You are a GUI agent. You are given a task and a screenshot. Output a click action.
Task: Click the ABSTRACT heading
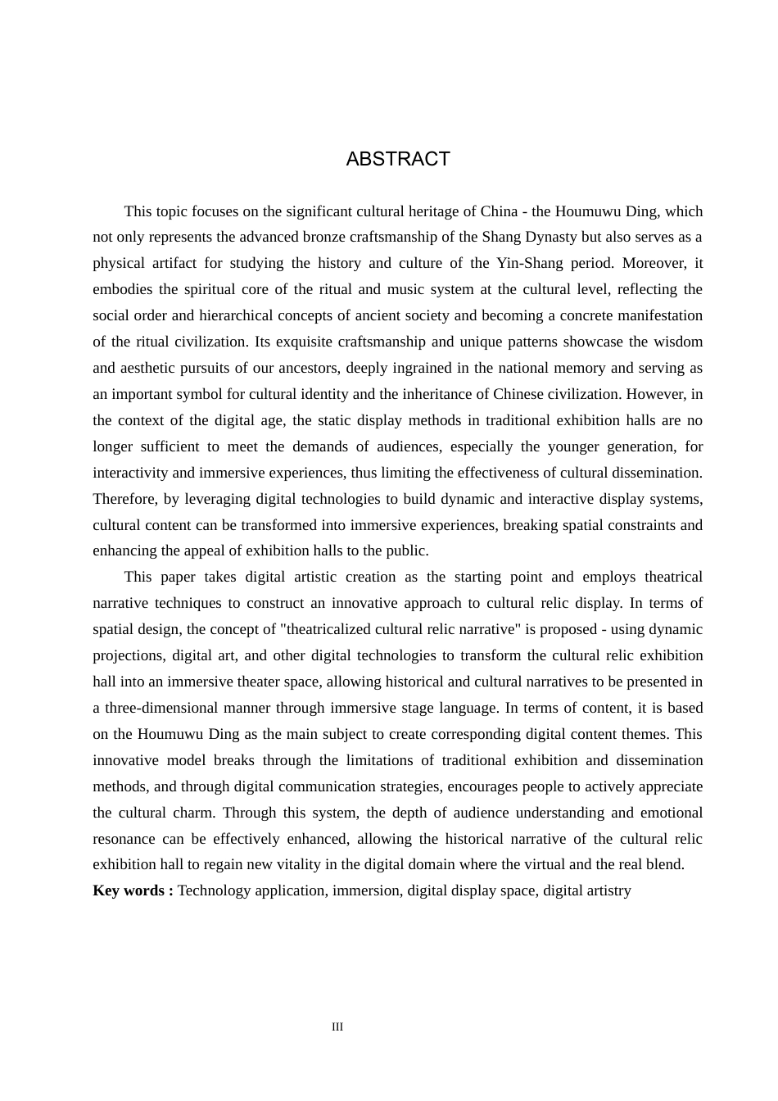(398, 159)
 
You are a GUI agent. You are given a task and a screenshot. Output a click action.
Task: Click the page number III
(337, 1027)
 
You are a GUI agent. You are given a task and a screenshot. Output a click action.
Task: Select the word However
(656, 394)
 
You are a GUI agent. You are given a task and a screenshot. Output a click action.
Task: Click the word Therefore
(124, 499)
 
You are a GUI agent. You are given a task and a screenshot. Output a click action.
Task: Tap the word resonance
(124, 839)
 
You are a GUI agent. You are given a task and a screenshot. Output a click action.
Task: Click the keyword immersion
(366, 890)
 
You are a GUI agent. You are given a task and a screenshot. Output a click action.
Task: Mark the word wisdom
(676, 342)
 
